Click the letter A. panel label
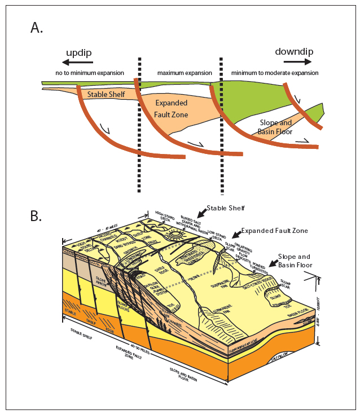pos(37,28)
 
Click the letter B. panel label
pos(37,217)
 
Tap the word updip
pos(78,52)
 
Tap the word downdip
pos(294,52)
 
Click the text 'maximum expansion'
pos(185,73)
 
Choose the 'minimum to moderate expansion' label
pos(275,73)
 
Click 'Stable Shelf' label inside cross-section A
pos(106,95)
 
